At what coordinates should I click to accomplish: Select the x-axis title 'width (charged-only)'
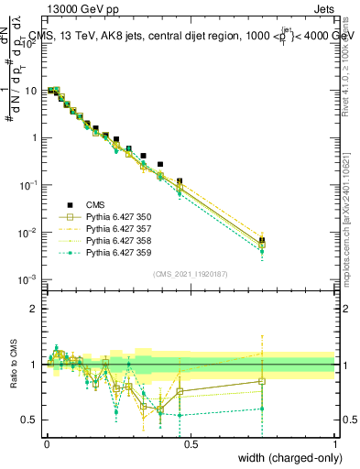tap(289, 457)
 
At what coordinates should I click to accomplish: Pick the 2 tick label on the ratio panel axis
tap(33, 309)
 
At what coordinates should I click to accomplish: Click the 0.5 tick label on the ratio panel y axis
tap(29, 420)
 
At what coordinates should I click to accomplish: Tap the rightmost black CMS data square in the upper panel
tap(262, 240)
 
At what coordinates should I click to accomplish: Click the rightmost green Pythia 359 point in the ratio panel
tap(262, 409)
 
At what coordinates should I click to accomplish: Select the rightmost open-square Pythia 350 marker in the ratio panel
tap(262, 381)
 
